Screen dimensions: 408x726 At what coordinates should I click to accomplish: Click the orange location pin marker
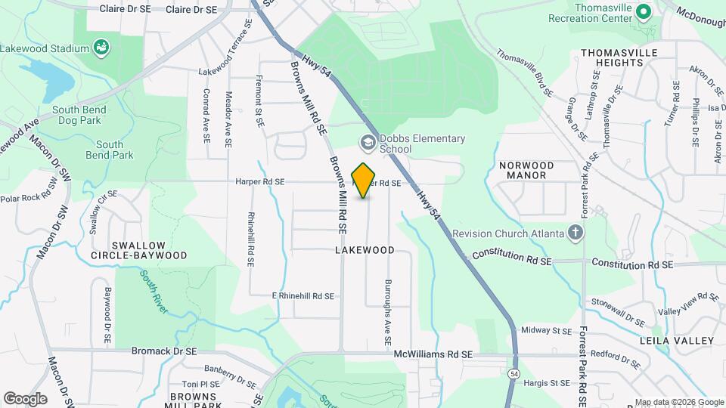(x=364, y=180)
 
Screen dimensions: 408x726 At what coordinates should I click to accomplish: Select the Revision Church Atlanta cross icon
(x=576, y=233)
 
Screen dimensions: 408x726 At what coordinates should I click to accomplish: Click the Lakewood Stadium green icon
(x=100, y=49)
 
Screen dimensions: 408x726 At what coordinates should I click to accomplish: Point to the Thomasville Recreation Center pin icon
(x=644, y=13)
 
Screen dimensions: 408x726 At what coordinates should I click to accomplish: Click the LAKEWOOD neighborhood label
(x=365, y=250)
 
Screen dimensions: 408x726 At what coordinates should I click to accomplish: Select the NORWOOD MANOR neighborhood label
(x=527, y=170)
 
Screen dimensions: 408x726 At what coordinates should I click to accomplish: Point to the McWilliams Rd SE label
(x=433, y=354)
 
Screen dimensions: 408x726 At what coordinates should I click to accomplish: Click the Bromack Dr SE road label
(x=164, y=351)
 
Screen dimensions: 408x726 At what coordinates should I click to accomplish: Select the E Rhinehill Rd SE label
(x=303, y=296)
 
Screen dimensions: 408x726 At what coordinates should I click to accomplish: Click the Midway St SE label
(x=547, y=330)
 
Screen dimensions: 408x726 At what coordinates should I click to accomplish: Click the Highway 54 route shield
(x=514, y=374)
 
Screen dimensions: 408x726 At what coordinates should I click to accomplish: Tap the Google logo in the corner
(x=25, y=399)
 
